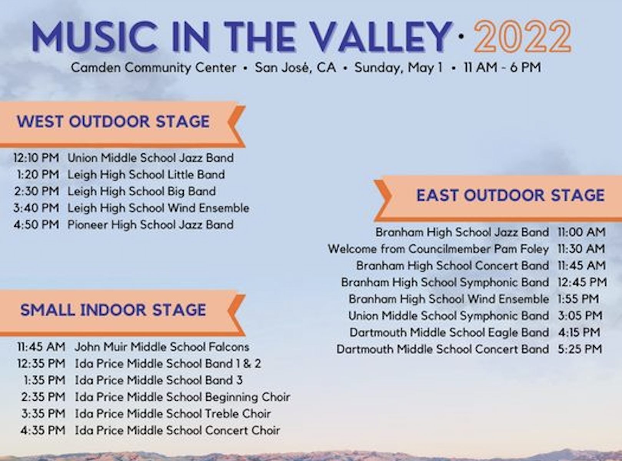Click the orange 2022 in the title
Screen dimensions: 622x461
tap(522, 36)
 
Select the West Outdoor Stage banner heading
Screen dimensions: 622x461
tap(113, 121)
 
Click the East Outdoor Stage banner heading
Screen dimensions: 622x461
tap(511, 195)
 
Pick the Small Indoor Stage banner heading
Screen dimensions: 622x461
tap(113, 310)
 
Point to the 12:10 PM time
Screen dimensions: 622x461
tap(36, 158)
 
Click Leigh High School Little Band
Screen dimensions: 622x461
tap(146, 175)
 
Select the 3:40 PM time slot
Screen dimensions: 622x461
tap(36, 208)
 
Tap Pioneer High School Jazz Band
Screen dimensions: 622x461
tap(151, 225)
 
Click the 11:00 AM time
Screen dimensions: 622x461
tap(581, 232)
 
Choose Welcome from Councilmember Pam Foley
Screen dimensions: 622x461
tap(438, 249)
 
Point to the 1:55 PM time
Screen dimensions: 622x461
tap(578, 299)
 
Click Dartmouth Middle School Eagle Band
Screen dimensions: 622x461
tap(449, 333)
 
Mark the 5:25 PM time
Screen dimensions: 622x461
tap(580, 349)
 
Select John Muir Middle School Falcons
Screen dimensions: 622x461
tap(162, 347)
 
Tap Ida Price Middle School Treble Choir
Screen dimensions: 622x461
tap(173, 414)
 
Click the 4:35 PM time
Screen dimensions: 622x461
tap(43, 430)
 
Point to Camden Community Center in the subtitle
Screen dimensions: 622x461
tap(153, 68)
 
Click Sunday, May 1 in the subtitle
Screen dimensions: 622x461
tap(399, 68)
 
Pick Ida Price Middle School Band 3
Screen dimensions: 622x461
tap(159, 381)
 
